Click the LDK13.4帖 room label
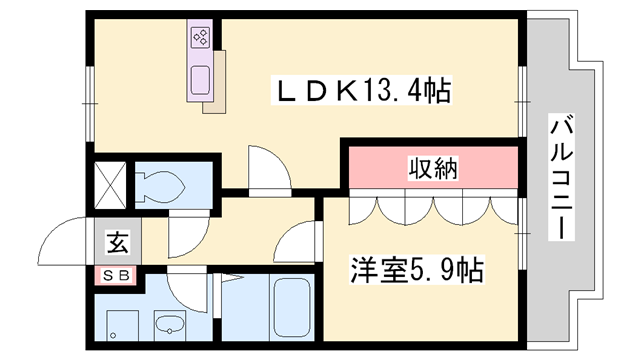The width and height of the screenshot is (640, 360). click(364, 92)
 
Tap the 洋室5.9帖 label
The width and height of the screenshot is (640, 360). click(416, 269)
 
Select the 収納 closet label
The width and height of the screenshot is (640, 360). click(432, 168)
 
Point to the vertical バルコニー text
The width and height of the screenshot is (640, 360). click(562, 178)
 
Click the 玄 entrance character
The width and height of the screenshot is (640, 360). click(117, 241)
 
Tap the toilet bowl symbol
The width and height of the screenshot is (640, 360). click(162, 186)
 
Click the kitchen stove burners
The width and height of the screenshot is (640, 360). click(199, 39)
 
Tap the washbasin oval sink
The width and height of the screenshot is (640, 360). click(169, 323)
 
